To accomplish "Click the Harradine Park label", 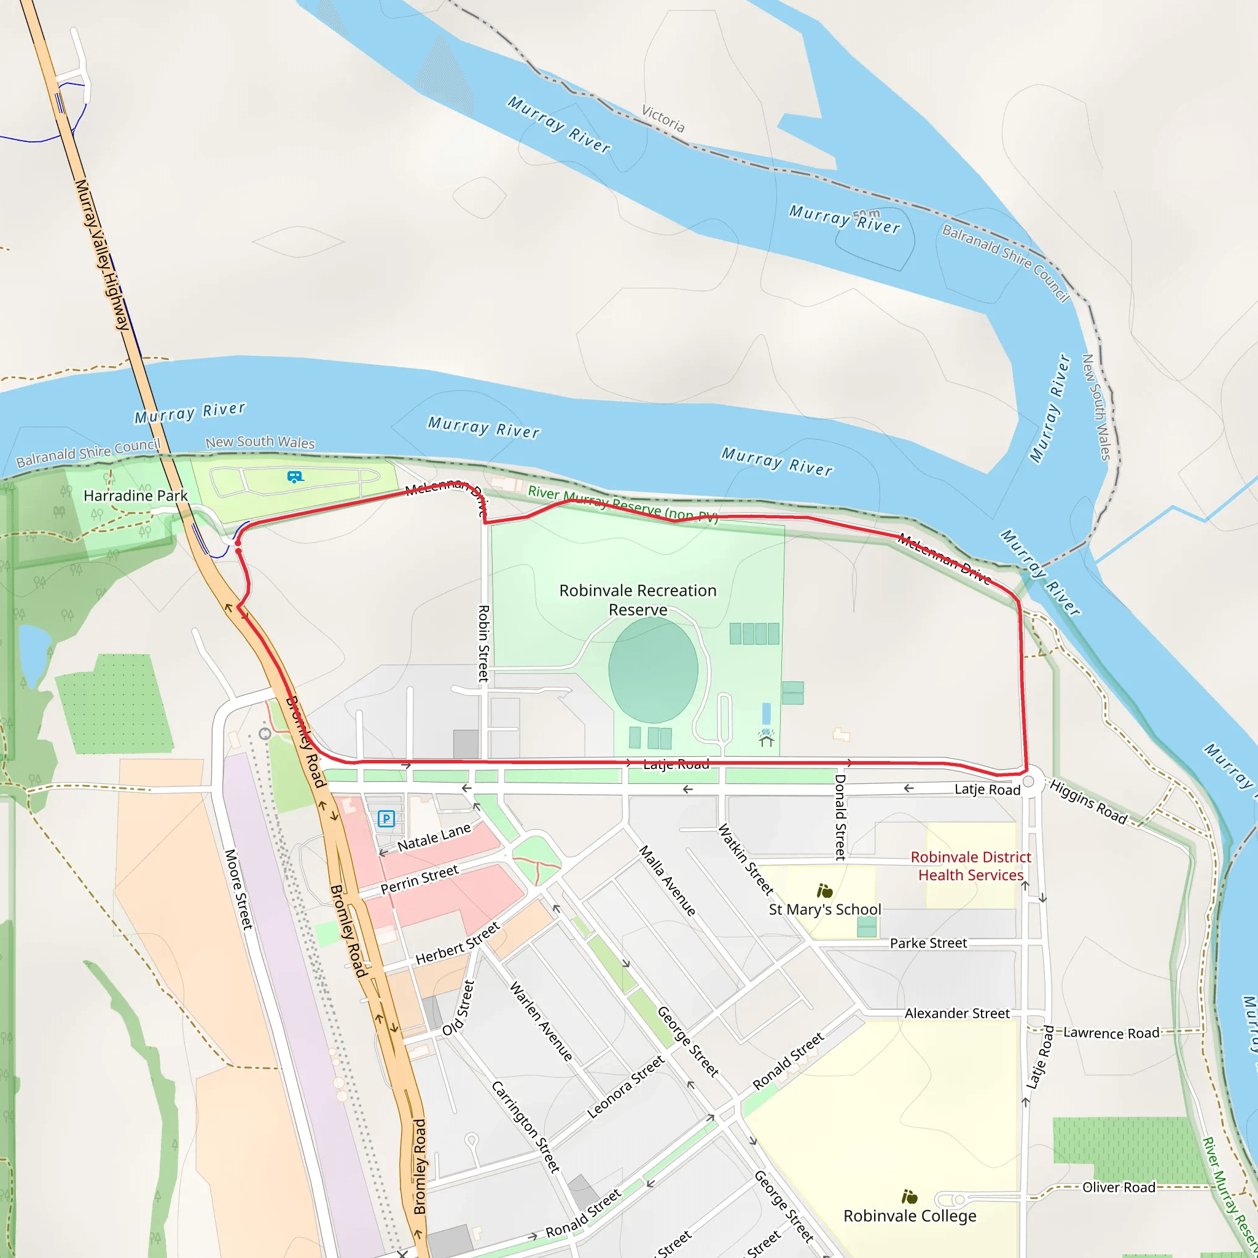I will click(135, 496).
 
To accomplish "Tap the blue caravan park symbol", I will click(295, 477).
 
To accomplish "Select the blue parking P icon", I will click(386, 818).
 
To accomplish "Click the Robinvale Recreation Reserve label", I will click(638, 600).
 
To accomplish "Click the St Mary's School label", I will click(824, 910).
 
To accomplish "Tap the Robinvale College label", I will click(910, 1216).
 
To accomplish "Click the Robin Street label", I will click(484, 643).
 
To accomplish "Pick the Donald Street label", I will click(841, 817).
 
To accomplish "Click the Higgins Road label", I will click(1088, 802).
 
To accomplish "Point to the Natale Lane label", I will click(434, 837).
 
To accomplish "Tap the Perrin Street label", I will click(420, 879).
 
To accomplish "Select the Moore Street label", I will click(238, 889).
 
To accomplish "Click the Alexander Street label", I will click(956, 1013).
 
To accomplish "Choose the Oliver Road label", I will click(1119, 1187).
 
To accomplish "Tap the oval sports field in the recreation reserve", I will click(653, 670).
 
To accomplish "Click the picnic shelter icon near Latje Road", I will click(767, 738).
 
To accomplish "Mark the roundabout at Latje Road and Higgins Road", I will click(1029, 782).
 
